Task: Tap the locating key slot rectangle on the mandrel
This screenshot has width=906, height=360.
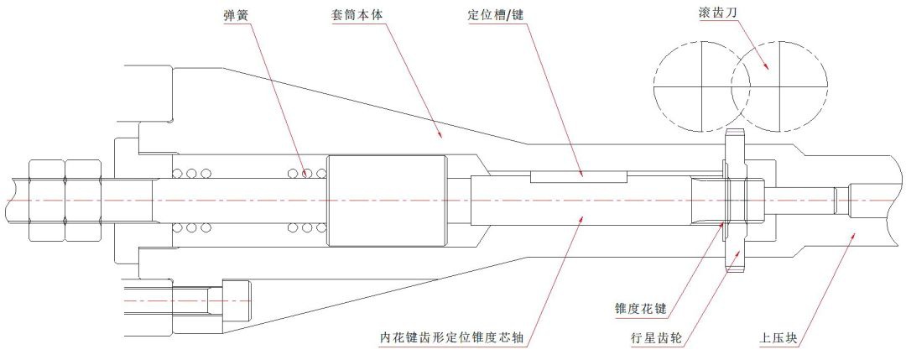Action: pyautogui.click(x=578, y=177)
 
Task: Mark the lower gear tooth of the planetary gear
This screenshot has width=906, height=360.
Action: pyautogui.click(x=736, y=259)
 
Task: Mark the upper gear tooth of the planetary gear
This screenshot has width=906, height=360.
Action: pyautogui.click(x=735, y=142)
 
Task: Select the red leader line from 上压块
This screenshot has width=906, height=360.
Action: pyautogui.click(x=821, y=284)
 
